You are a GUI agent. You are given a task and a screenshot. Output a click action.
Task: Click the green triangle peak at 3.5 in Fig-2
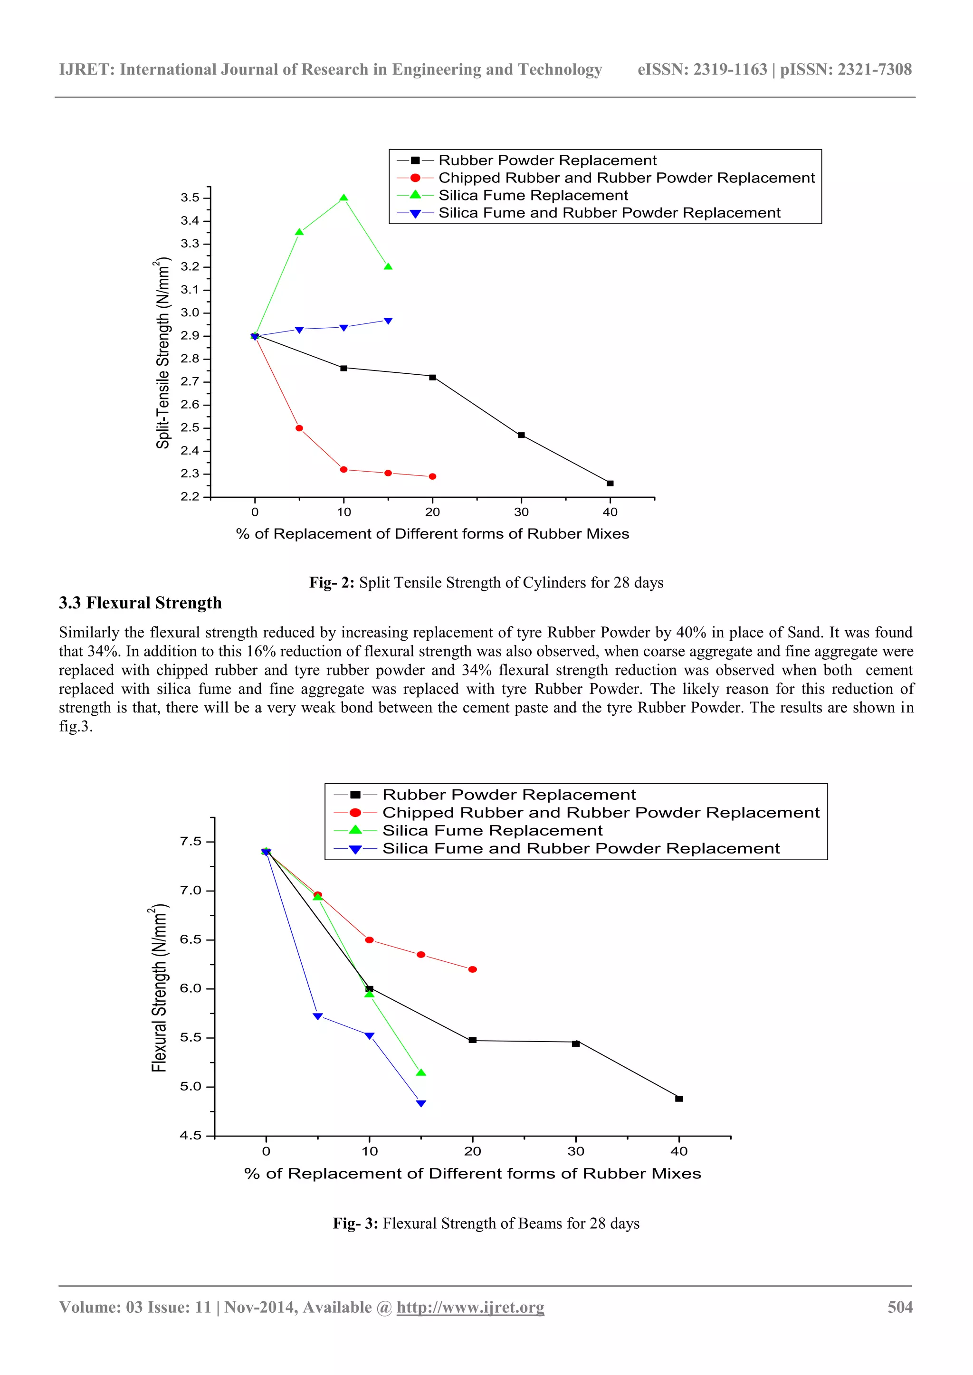tap(343, 198)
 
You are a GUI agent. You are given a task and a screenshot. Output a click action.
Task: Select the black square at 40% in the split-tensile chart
tap(610, 484)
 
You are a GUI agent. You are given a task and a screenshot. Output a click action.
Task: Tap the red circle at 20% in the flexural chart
tap(472, 969)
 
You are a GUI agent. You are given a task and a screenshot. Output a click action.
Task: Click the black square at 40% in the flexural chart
tap(679, 1098)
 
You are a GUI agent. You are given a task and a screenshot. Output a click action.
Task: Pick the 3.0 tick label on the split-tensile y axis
tap(190, 313)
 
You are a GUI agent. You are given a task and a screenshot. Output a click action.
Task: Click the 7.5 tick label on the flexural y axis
tap(191, 842)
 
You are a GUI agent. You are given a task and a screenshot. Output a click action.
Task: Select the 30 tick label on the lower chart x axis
tap(575, 1151)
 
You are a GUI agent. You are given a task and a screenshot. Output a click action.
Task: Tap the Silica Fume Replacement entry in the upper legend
tap(533, 195)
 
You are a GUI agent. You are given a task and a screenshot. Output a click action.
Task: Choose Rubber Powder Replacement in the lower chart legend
tap(509, 795)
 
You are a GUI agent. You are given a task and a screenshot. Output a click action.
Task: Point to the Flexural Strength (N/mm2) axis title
tap(159, 988)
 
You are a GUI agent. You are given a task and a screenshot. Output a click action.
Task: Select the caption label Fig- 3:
tap(355, 1223)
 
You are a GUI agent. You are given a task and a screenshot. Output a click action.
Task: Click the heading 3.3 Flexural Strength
tap(140, 602)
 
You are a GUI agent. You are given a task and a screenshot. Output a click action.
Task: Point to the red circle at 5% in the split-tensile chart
tap(299, 428)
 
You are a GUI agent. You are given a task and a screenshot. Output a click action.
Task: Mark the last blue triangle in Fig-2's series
tap(388, 321)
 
